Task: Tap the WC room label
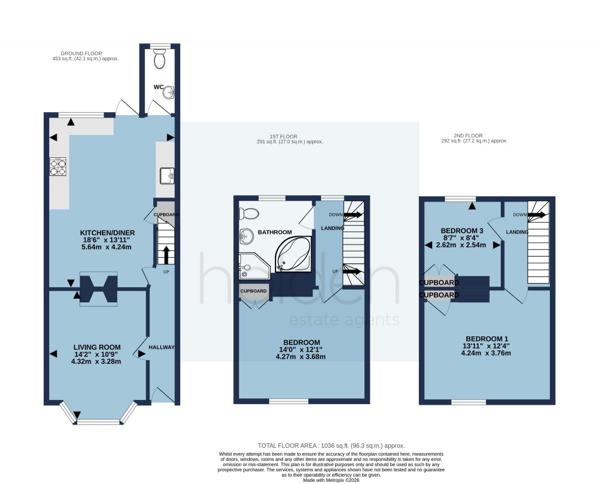[x=158, y=87]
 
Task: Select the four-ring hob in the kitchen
[x=58, y=167]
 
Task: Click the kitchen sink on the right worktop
[x=166, y=174]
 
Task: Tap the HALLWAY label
[x=161, y=347]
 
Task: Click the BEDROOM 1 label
[x=487, y=339]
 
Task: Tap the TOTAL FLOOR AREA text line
[x=331, y=446]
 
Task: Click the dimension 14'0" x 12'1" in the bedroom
[x=301, y=350]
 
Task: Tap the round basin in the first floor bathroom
[x=246, y=236]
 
